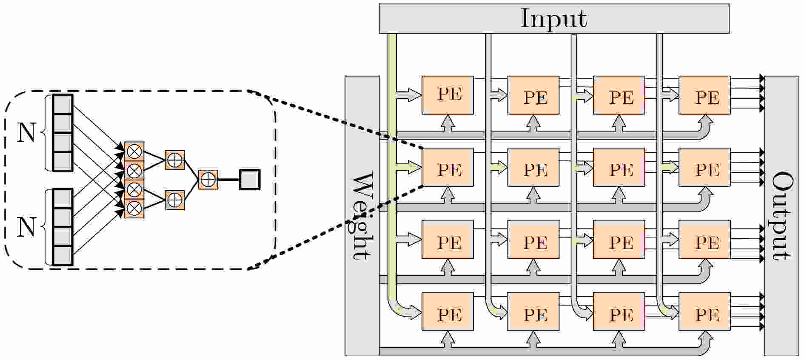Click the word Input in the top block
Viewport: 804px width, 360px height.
[x=553, y=19]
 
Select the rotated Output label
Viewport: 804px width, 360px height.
[x=782, y=216]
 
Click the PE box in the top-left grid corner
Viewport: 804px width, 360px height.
[x=448, y=95]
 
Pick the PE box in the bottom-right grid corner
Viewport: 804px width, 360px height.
[x=704, y=311]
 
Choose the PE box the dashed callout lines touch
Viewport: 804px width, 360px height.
[x=448, y=167]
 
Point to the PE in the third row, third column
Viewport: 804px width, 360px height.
[x=619, y=239]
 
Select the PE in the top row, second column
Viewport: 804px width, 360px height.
[x=533, y=95]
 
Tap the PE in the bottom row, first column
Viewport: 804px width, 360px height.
[x=448, y=311]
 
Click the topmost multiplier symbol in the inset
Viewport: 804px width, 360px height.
[x=134, y=151]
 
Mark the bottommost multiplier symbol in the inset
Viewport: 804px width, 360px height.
[x=134, y=209]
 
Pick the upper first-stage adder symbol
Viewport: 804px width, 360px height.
[x=175, y=160]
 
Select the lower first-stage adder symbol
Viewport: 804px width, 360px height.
[x=175, y=200]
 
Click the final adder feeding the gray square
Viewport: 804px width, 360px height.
[x=208, y=180]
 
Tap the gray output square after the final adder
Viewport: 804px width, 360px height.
[x=250, y=180]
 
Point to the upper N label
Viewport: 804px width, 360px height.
[x=26, y=133]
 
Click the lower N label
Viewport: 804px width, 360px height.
[x=26, y=227]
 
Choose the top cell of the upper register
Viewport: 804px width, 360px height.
[x=63, y=104]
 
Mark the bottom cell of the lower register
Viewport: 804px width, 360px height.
[x=63, y=255]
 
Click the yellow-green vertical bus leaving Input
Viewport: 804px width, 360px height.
[x=392, y=170]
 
